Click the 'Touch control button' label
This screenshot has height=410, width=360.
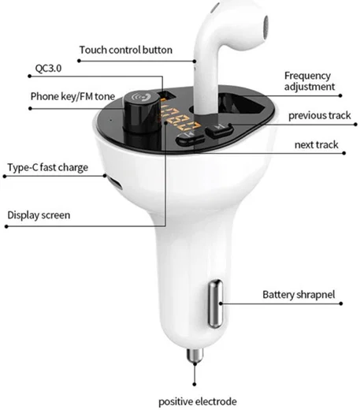coord(126,50)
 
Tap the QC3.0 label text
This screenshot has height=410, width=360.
coord(48,69)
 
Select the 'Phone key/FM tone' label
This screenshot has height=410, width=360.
coord(72,96)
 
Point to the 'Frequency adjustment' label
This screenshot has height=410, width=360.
coord(310,81)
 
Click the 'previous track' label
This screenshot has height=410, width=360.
coord(320,115)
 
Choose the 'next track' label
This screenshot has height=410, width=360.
coord(317,144)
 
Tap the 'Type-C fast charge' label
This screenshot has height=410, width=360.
coord(47,168)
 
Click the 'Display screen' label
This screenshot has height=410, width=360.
coord(39,215)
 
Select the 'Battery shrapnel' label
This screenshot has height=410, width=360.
coord(299,295)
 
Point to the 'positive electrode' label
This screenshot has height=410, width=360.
coord(198,401)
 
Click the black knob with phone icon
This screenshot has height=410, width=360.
coord(142,112)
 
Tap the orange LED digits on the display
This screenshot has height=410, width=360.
coord(179,118)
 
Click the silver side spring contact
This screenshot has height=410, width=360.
coord(216,304)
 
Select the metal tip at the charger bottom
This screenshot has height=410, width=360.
coord(195,355)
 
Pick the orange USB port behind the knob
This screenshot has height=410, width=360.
coord(167,95)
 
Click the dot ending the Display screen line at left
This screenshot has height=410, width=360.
coord(6,226)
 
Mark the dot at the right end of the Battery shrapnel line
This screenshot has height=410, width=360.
coord(341,304)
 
